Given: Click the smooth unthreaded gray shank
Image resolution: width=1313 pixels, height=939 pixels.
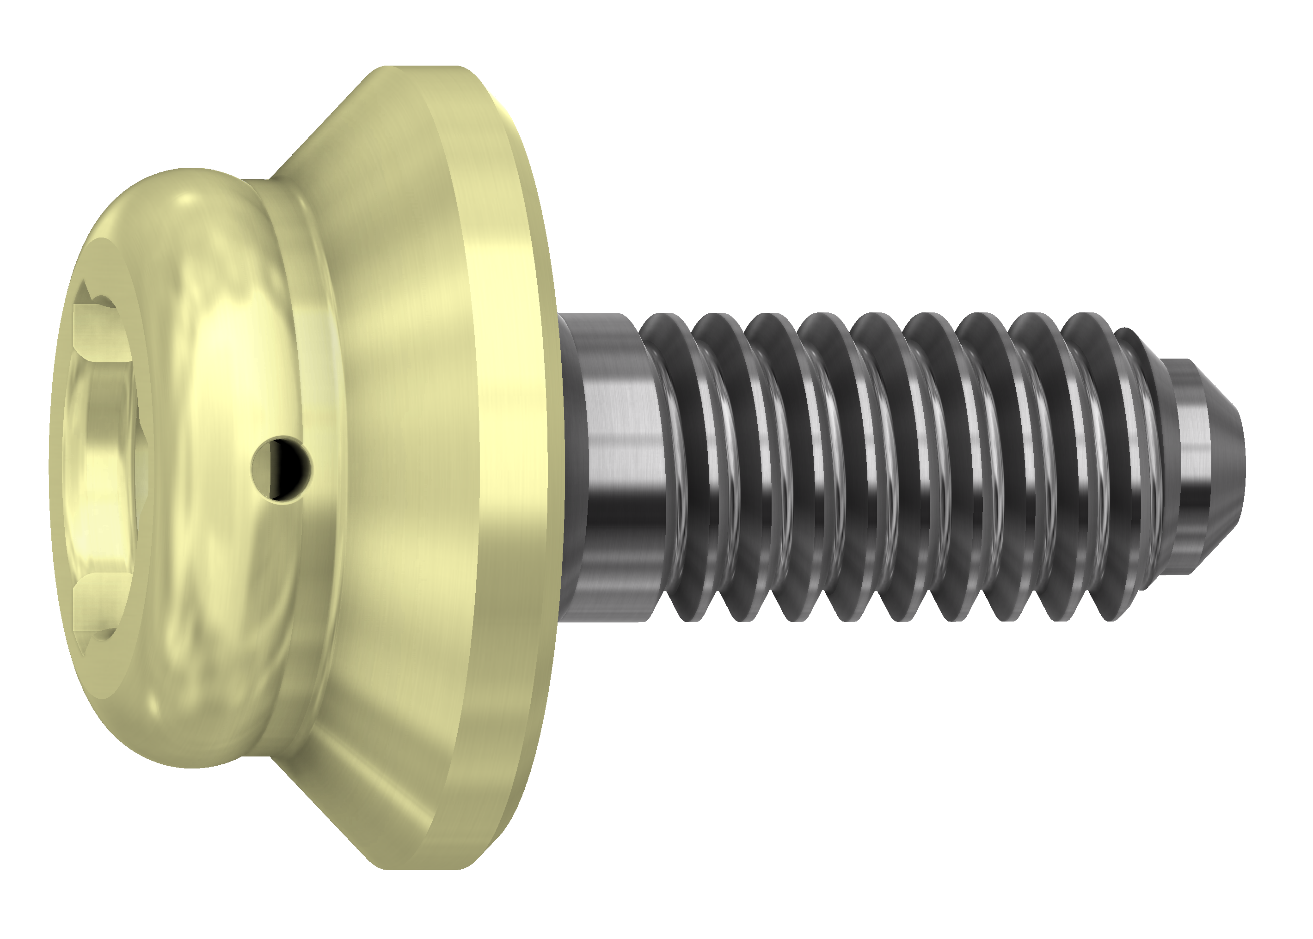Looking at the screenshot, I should [613, 463].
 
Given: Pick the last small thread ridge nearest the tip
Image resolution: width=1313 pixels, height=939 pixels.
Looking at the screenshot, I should [1134, 457].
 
